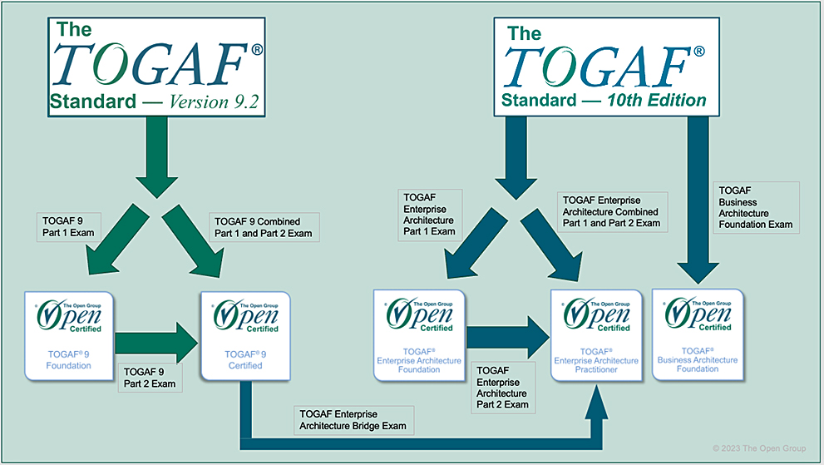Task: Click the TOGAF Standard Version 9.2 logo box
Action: [x=156, y=67]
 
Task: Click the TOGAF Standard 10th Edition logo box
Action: [x=606, y=67]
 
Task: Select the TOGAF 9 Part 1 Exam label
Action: [x=68, y=227]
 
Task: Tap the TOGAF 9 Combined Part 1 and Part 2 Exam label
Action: [x=264, y=227]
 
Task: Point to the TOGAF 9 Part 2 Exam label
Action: [x=150, y=378]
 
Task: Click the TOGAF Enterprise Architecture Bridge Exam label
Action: [x=353, y=420]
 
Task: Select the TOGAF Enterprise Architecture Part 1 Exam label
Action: [x=429, y=215]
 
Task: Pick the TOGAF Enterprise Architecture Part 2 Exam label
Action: [x=502, y=387]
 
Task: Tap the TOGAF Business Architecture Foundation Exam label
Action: [x=756, y=207]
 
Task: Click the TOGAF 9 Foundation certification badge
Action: [x=69, y=335]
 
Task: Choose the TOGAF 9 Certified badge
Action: [x=245, y=335]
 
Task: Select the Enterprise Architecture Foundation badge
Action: [x=419, y=335]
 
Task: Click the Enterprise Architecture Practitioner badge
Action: [x=596, y=335]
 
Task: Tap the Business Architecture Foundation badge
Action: [x=698, y=334]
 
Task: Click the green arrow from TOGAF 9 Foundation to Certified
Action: [x=156, y=343]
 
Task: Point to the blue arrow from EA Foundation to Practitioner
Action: [x=508, y=337]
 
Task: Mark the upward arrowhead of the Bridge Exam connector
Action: [x=596, y=402]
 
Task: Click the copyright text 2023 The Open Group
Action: [x=759, y=448]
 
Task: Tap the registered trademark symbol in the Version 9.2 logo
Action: [x=257, y=49]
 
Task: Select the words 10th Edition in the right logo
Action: [x=657, y=100]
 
